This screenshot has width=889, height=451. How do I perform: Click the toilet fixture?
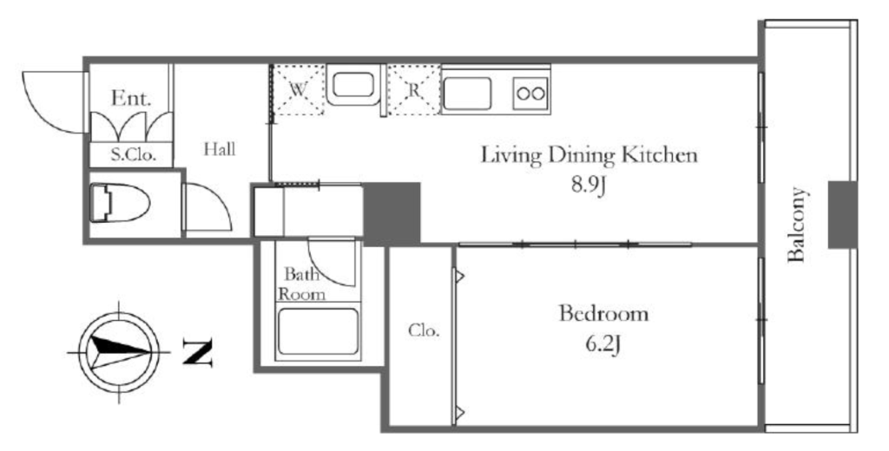(x=120, y=203)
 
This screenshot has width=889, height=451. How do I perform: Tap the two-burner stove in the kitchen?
(x=531, y=94)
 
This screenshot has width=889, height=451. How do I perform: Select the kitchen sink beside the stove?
(x=467, y=94)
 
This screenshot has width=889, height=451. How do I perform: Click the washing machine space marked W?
(x=299, y=90)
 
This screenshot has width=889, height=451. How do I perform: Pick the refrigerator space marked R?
(x=414, y=90)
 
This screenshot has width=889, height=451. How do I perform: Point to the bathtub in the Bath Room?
(x=318, y=331)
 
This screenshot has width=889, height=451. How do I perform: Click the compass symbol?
(x=119, y=352)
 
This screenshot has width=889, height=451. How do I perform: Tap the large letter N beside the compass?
(x=197, y=352)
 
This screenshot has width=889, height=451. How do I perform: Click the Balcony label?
(x=797, y=225)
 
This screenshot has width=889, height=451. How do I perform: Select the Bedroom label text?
(x=603, y=313)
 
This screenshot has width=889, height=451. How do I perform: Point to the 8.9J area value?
(x=589, y=186)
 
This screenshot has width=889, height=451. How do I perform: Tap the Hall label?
(x=220, y=149)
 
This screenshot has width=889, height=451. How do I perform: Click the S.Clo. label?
(x=133, y=154)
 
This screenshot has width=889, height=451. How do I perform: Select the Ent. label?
(x=132, y=99)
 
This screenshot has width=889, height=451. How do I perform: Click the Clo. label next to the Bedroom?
(x=424, y=330)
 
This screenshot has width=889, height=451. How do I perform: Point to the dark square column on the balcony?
(x=842, y=215)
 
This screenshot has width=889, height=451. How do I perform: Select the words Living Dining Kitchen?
(x=589, y=155)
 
